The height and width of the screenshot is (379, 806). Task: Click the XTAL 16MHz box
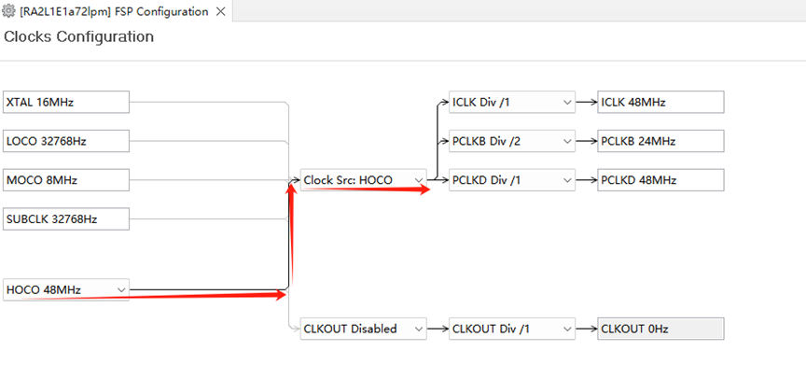66,102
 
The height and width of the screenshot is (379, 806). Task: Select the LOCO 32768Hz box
66,141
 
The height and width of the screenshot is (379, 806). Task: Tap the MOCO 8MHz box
66,180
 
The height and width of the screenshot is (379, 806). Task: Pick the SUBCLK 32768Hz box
66,219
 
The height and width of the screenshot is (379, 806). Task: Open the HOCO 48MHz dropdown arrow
121,290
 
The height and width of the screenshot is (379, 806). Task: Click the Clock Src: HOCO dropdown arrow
419,180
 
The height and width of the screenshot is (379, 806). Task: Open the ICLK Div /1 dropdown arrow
567,103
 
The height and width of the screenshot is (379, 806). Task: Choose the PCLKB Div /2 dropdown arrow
567,141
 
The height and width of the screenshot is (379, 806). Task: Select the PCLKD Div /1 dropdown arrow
567,180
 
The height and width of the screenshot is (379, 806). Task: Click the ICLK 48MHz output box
660,102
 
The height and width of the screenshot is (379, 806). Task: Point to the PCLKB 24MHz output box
660,141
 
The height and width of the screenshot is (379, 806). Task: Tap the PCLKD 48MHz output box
660,180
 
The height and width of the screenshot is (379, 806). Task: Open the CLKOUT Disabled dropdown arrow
419,329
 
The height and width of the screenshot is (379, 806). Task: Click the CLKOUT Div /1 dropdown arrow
567,329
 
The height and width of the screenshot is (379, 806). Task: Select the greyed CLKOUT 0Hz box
660,329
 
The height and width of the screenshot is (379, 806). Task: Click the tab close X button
220,11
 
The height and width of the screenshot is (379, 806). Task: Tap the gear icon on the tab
8,11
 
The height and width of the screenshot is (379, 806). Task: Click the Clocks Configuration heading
78,37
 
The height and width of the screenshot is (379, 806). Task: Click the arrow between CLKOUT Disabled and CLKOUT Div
438,329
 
